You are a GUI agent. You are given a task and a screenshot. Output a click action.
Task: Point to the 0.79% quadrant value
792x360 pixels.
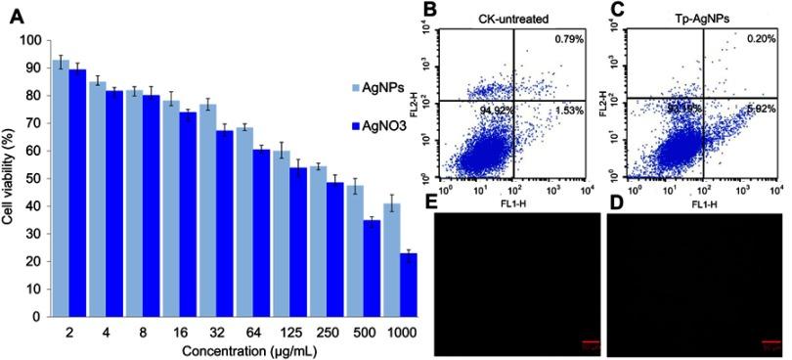click(567, 40)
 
